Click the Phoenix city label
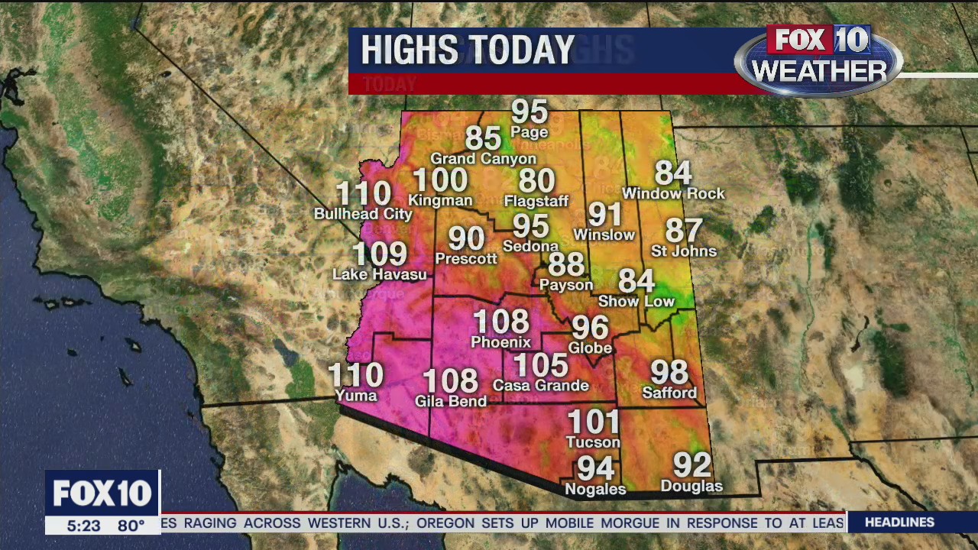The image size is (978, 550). click(x=500, y=342)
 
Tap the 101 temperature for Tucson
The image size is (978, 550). click(x=594, y=422)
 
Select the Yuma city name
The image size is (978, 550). click(x=356, y=395)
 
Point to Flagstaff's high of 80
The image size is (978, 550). click(x=536, y=181)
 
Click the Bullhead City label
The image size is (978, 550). click(x=363, y=214)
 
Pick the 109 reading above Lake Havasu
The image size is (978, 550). click(x=380, y=254)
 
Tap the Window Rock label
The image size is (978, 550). click(x=673, y=194)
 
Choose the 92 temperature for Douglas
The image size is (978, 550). click(x=691, y=464)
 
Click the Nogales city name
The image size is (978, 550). click(x=595, y=489)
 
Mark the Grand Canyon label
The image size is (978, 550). click(x=484, y=159)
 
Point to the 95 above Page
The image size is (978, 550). click(x=529, y=112)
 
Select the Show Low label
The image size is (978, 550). click(x=636, y=301)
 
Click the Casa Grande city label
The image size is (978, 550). click(x=541, y=386)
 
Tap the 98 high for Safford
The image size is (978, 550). click(x=669, y=372)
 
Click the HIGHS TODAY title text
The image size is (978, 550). click(x=468, y=50)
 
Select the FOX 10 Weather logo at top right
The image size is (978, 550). click(x=818, y=60)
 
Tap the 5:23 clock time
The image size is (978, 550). click(x=83, y=526)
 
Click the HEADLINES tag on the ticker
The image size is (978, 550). click(x=899, y=522)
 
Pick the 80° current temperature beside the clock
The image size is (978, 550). click(x=131, y=526)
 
